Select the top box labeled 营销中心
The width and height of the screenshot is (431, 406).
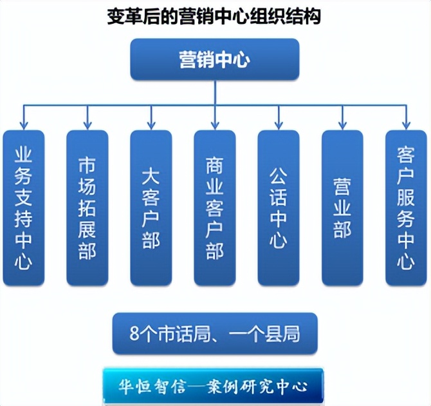point(214,59)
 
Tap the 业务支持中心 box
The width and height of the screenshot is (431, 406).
point(24,208)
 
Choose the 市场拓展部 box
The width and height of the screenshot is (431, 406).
point(87,208)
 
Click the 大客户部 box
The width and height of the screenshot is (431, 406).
point(151,208)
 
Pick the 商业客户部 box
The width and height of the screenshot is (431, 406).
point(215,208)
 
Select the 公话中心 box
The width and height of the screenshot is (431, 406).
point(278,208)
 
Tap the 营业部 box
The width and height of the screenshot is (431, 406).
point(342,208)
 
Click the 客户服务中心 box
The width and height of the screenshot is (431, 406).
point(405,208)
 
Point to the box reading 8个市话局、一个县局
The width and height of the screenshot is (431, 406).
point(214,334)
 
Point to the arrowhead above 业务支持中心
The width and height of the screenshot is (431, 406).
point(24,123)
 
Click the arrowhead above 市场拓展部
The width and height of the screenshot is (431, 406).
point(87,123)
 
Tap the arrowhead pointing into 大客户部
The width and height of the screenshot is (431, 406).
point(151,123)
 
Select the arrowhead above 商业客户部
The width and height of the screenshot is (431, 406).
point(215,123)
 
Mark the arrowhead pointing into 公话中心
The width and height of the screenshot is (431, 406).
point(278,123)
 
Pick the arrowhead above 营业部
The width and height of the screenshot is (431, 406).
point(342,123)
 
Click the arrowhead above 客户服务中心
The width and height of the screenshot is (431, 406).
point(405,123)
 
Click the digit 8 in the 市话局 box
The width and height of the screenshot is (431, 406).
point(134,334)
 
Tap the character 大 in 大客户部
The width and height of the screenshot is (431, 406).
point(151,175)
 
